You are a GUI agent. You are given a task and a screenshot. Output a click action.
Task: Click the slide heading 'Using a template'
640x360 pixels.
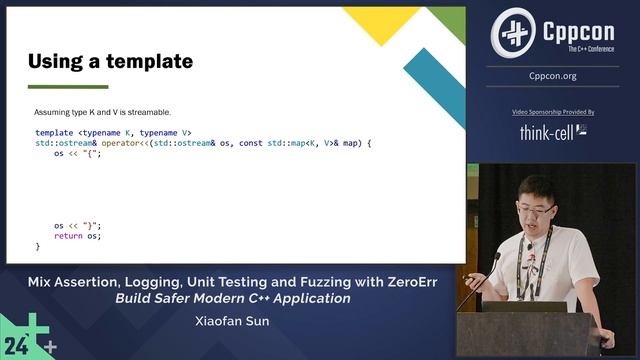coord(110,62)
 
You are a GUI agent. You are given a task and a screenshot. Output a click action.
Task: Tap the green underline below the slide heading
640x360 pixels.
coord(68,87)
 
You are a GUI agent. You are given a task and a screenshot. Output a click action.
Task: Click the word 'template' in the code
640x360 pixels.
coord(54,132)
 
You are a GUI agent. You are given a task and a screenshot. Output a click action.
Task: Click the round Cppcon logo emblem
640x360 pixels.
coord(513,33)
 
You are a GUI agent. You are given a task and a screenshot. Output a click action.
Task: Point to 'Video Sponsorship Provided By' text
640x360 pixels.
coord(553,113)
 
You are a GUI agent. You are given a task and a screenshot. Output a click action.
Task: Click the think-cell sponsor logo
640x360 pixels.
coord(553,131)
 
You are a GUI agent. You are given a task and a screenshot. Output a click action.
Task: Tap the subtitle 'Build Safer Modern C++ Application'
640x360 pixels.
coord(232,298)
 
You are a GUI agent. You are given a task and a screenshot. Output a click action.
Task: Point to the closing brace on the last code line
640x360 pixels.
coord(38,246)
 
